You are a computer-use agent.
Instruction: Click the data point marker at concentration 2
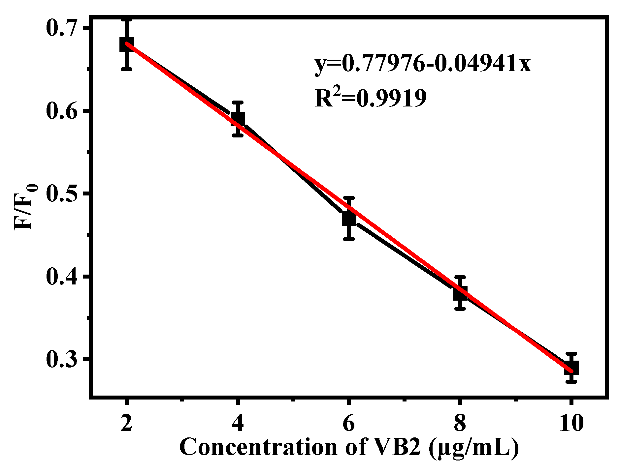coord(127,45)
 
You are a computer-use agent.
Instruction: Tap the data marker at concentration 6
coord(349,219)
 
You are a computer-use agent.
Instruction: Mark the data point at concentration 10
coord(571,367)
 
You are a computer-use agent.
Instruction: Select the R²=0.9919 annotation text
coord(371,98)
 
